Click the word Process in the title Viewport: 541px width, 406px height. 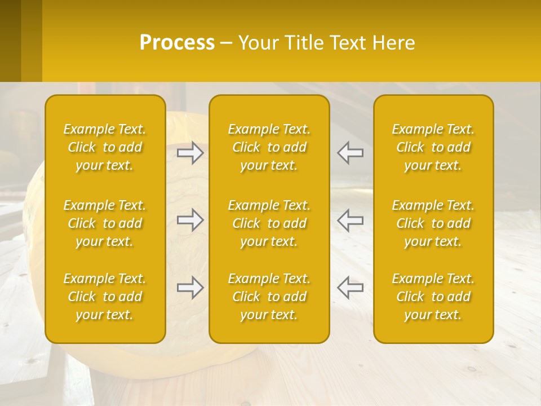coord(177,43)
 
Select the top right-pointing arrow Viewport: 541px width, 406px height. coord(190,153)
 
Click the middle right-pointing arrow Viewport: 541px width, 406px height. coord(190,220)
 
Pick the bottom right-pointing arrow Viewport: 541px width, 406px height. coord(190,288)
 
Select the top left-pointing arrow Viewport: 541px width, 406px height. coord(351,153)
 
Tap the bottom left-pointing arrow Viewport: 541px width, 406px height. coord(351,288)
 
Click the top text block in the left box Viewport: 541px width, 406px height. coord(105,147)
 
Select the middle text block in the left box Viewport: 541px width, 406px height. coord(105,223)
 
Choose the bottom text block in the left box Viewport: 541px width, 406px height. coord(105,297)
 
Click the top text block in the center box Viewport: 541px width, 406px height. coord(269,147)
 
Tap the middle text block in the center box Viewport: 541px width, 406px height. coord(269,223)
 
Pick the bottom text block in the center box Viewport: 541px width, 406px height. coord(269,297)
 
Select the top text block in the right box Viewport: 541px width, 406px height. coord(433,147)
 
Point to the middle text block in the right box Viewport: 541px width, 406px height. coord(433,223)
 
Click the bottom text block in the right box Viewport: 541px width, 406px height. coord(433,297)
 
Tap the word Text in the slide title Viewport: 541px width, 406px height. coord(348,43)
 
